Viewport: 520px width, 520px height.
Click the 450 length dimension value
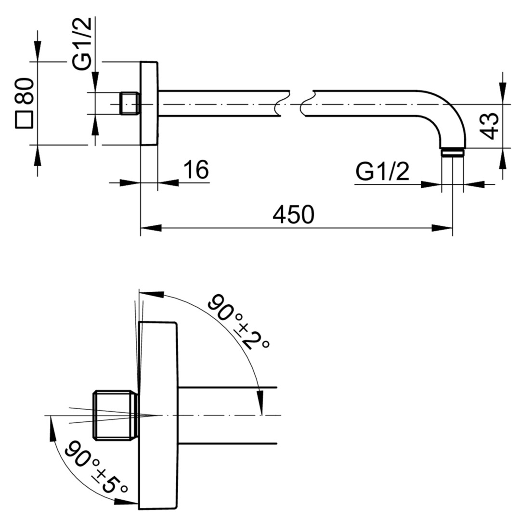tap(293, 215)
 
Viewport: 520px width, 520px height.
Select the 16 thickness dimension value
tap(196, 169)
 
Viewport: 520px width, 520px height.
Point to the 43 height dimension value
tap(490, 126)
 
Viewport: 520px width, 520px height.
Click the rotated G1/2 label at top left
tap(81, 43)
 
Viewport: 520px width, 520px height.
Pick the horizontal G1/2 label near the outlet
tap(382, 171)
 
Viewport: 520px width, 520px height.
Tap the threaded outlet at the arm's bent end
tap(452, 152)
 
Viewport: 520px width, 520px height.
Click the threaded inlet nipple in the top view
tap(130, 104)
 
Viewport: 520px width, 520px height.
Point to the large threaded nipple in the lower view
tap(116, 415)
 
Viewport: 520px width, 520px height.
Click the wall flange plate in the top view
tap(149, 103)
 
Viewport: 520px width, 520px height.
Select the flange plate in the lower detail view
tap(158, 415)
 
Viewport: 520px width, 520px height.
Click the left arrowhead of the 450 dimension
tap(151, 228)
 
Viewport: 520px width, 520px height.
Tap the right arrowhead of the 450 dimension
tap(442, 228)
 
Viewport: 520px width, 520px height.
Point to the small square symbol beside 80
tap(24, 119)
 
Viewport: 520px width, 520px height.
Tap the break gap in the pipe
tap(295, 104)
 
